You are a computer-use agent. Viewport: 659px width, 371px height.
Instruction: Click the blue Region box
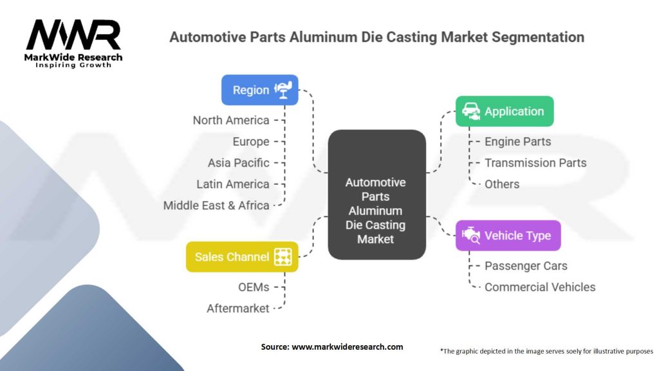[260, 90]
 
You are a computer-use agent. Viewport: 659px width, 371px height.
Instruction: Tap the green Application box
[505, 111]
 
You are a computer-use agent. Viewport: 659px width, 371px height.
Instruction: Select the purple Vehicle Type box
[508, 236]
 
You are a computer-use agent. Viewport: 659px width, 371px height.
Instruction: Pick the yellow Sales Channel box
[242, 256]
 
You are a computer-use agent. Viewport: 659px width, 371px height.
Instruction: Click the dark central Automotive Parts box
[376, 195]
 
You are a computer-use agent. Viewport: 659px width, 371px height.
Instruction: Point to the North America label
[231, 120]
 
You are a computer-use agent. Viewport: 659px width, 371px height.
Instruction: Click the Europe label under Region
[251, 142]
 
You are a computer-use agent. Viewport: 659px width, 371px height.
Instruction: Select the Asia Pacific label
[238, 163]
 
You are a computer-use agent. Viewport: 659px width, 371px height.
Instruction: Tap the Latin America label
[232, 184]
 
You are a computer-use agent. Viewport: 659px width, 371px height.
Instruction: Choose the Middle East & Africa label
[216, 205]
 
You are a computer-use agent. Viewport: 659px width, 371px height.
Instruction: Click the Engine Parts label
[518, 142]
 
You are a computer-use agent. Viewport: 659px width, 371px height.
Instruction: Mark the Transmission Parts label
[535, 163]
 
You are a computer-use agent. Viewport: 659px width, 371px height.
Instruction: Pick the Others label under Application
[502, 184]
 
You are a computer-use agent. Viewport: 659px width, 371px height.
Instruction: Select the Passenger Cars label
[526, 266]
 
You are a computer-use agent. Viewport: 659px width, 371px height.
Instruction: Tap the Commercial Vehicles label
[540, 287]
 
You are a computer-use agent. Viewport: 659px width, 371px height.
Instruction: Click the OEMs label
[254, 287]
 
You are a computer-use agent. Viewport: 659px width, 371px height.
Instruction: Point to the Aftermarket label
[237, 309]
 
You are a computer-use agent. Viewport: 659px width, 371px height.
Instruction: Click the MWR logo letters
[73, 35]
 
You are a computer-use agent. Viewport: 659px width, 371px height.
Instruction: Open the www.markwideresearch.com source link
[347, 347]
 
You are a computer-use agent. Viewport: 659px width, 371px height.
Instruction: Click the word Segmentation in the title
[538, 37]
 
